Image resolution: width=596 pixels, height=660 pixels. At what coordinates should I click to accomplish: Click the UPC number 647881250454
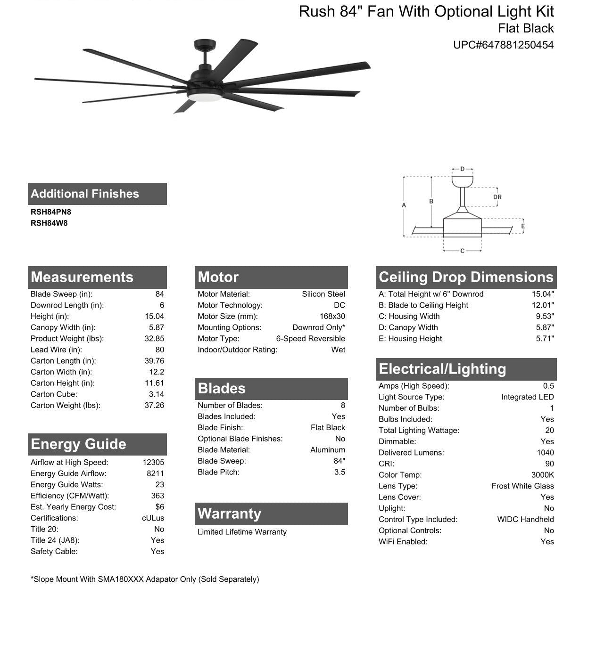point(503,45)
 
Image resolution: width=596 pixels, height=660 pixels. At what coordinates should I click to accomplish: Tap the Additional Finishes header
point(85,194)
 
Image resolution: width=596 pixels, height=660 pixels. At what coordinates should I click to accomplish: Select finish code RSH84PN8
point(51,212)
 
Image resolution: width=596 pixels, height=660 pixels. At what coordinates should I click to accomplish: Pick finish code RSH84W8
point(49,223)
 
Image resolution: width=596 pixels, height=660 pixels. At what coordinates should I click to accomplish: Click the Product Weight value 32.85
point(154,339)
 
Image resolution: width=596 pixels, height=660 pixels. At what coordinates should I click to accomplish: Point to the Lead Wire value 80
point(159,350)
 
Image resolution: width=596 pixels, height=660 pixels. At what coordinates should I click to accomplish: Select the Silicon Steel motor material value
point(323,294)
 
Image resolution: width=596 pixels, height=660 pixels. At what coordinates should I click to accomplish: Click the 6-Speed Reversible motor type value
point(310,339)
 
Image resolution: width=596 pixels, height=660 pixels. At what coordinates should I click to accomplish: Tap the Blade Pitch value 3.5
point(339,472)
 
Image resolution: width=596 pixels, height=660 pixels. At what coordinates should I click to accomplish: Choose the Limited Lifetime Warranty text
point(242,532)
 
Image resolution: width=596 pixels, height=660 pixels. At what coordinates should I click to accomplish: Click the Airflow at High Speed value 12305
point(153,462)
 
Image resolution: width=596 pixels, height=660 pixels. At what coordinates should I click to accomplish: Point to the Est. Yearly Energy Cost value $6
point(159,507)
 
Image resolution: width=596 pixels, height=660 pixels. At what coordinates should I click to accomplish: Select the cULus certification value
point(153,518)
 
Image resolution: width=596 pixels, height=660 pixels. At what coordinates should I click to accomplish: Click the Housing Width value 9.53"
point(545,317)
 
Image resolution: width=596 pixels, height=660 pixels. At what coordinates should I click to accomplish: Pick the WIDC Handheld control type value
point(525,519)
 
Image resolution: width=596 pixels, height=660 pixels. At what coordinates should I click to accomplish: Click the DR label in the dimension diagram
point(497,197)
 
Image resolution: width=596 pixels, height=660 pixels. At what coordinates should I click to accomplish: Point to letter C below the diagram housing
point(462,251)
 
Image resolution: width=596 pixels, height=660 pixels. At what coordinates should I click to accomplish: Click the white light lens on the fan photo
point(205,96)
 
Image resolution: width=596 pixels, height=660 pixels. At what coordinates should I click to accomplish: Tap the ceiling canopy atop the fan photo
point(204,45)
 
